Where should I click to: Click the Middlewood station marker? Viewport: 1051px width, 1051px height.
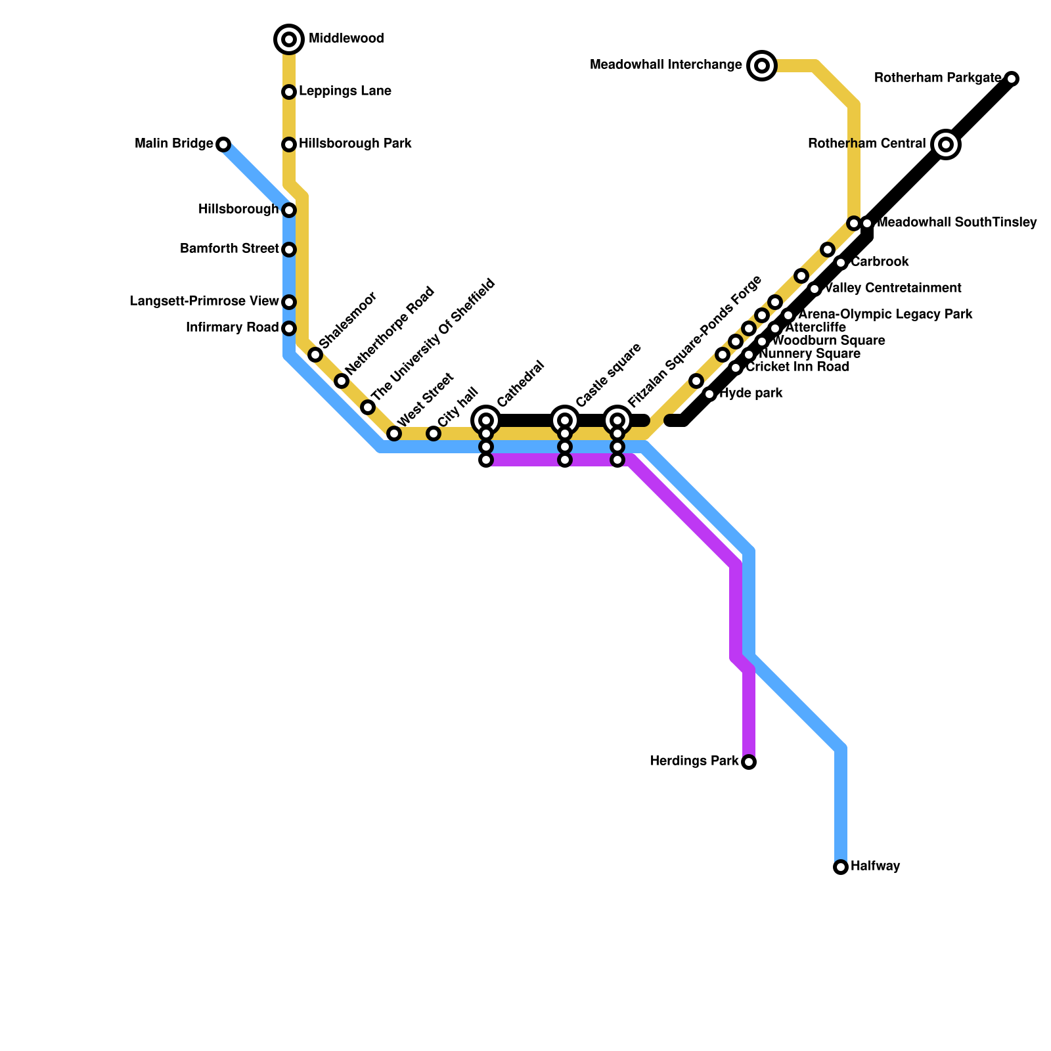289,39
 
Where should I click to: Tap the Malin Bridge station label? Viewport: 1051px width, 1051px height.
173,144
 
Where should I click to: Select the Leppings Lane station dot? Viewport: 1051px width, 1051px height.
289,92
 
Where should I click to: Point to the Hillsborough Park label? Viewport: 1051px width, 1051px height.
355,144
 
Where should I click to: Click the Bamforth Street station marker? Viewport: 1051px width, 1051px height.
289,250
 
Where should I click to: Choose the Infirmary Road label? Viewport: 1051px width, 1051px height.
232,328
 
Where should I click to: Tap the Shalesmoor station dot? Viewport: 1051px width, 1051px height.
315,355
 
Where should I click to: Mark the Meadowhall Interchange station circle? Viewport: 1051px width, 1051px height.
762,65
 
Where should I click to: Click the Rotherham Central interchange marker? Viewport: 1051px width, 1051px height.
946,145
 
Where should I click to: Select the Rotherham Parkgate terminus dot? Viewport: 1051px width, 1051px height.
1012,79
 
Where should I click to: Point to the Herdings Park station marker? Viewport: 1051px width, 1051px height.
749,762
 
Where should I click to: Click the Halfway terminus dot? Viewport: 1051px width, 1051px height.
841,867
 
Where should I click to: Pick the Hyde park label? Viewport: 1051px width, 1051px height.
751,394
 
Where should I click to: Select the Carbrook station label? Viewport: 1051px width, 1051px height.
880,262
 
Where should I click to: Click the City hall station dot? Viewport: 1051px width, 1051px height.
434,434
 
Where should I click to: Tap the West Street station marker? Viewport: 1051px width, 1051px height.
394,434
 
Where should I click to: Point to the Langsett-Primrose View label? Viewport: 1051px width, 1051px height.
204,302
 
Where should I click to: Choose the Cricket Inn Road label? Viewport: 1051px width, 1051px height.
797,367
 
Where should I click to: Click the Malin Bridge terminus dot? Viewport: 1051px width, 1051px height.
223,145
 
